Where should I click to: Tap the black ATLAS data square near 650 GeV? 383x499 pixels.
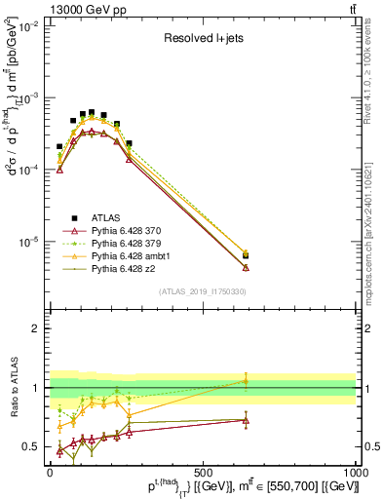[246, 256]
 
